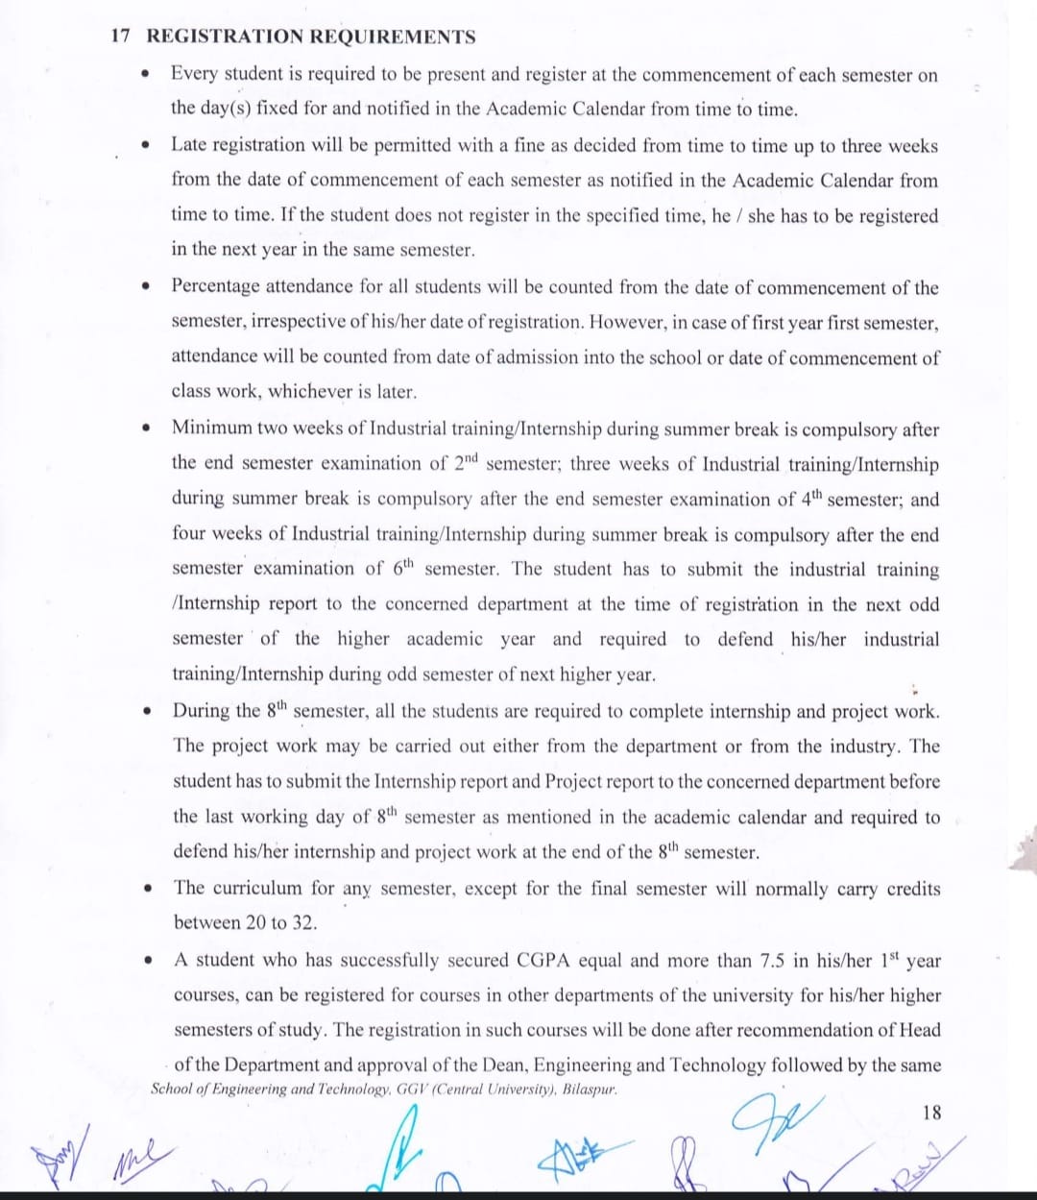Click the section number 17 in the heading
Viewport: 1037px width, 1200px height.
(120, 37)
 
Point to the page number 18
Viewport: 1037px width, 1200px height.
(931, 1113)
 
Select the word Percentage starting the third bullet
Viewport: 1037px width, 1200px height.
(214, 286)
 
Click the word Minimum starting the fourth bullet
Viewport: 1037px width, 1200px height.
(212, 429)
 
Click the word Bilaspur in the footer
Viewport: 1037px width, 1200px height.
(589, 1090)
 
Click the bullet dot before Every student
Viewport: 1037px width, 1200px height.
(145, 74)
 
